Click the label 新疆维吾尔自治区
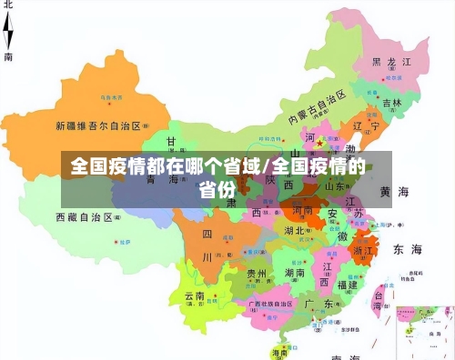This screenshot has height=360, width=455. pos(98,125)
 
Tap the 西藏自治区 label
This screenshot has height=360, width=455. pos(84,217)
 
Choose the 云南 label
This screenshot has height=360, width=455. pos(196,296)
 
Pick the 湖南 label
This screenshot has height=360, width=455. pos(294,272)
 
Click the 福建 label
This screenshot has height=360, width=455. pos(347,284)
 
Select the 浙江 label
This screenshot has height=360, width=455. pos(363,248)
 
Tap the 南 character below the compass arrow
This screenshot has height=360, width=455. pos(9,56)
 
